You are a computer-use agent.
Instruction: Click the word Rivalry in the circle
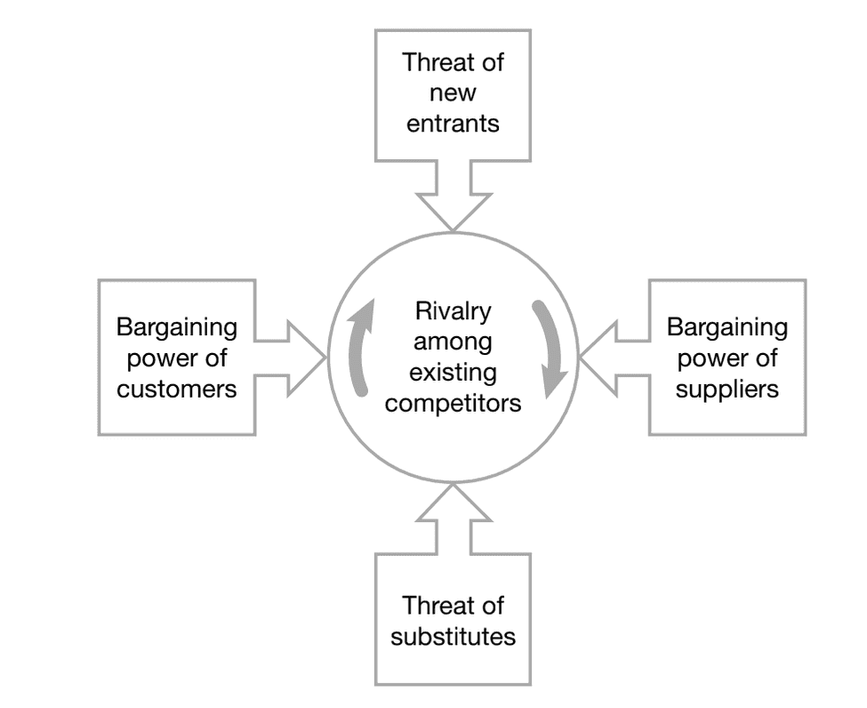pyautogui.click(x=453, y=313)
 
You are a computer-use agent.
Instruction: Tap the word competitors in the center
pyautogui.click(x=453, y=403)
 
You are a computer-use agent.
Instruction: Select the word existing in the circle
pyautogui.click(x=453, y=373)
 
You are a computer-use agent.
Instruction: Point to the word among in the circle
pyautogui.click(x=453, y=342)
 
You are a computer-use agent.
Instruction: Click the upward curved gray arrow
pyautogui.click(x=358, y=347)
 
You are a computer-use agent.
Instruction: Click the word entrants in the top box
pyautogui.click(x=453, y=124)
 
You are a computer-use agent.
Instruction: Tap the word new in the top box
pyautogui.click(x=453, y=93)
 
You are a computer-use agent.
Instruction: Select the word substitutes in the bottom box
pyautogui.click(x=453, y=637)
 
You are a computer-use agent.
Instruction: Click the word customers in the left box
pyautogui.click(x=177, y=389)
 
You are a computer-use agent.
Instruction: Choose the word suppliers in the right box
pyautogui.click(x=727, y=389)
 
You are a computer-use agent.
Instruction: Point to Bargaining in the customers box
pyautogui.click(x=177, y=328)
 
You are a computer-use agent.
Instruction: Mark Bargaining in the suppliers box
pyautogui.click(x=727, y=328)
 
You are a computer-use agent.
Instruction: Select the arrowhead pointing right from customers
pyautogui.click(x=308, y=358)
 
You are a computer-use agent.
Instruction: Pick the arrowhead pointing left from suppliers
pyautogui.click(x=598, y=358)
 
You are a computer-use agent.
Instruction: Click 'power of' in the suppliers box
pyautogui.click(x=727, y=358)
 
